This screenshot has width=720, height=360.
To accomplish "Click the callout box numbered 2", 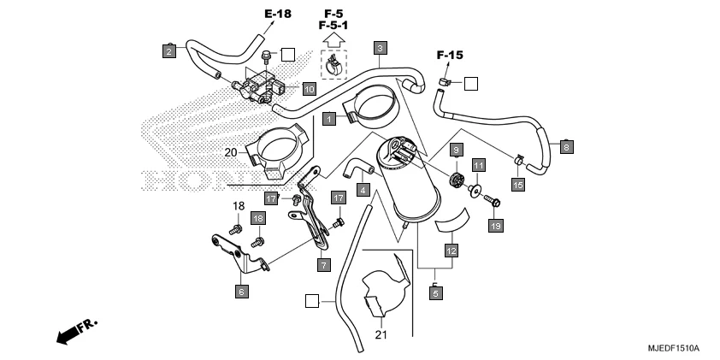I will click(x=169, y=51).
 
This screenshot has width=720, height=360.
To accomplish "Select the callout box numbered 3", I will click(x=380, y=47).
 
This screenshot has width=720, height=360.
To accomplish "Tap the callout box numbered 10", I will click(x=309, y=88).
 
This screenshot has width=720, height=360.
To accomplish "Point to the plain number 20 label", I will click(x=230, y=152).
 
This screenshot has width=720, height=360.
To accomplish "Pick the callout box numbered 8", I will click(x=566, y=146).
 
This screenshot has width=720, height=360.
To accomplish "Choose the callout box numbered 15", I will click(x=517, y=184).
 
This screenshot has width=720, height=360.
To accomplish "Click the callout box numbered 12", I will click(x=451, y=251).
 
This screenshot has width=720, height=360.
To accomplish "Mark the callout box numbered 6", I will click(x=241, y=291).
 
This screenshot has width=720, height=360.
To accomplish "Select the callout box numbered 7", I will click(x=323, y=265).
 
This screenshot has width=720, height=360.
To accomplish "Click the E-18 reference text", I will click(x=277, y=15).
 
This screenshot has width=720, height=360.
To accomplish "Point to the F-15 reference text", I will click(x=450, y=56).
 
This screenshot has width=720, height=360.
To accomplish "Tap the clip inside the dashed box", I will click(x=333, y=63).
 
